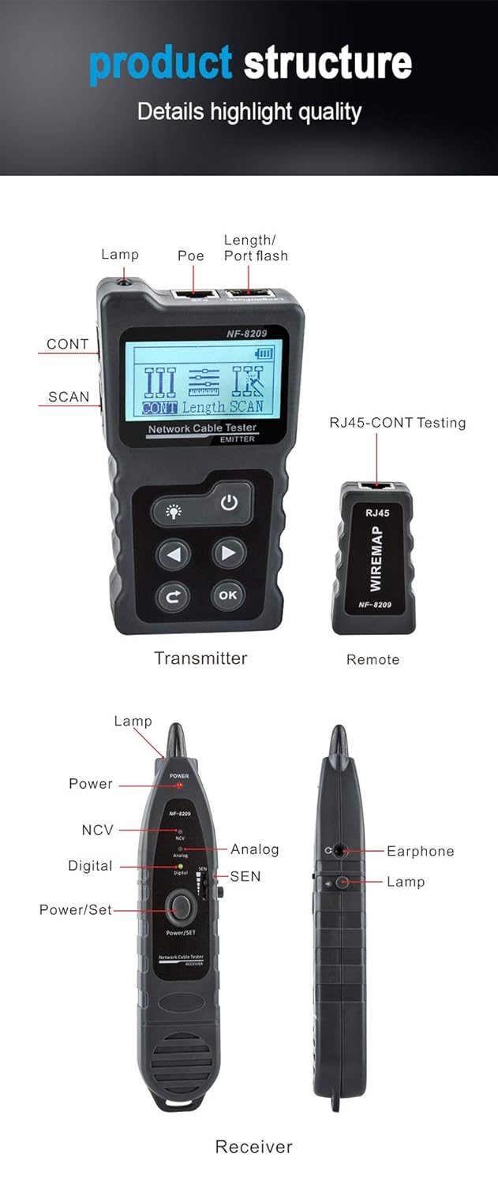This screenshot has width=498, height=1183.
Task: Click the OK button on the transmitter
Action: [x=227, y=595]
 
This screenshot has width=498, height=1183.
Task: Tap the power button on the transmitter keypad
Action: [x=230, y=502]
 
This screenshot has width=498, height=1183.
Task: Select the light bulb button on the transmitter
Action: [x=173, y=511]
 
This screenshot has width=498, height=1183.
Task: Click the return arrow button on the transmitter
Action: [x=174, y=596]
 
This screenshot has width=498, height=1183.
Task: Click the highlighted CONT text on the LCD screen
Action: [x=159, y=408]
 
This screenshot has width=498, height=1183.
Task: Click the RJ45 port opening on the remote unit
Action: [x=377, y=488]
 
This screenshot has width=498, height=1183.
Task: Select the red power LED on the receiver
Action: [x=180, y=786]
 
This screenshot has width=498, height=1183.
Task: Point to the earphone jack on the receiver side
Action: [x=340, y=851]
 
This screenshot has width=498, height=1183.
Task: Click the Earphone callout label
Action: [x=420, y=851]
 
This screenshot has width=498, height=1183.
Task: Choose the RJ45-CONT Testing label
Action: [x=397, y=423]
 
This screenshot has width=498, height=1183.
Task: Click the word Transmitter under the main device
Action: [x=200, y=658]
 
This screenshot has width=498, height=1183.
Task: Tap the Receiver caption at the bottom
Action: [x=253, y=1146]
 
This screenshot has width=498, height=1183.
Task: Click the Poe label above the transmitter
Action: [x=191, y=256]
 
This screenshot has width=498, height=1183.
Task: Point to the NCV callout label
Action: [x=98, y=830]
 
